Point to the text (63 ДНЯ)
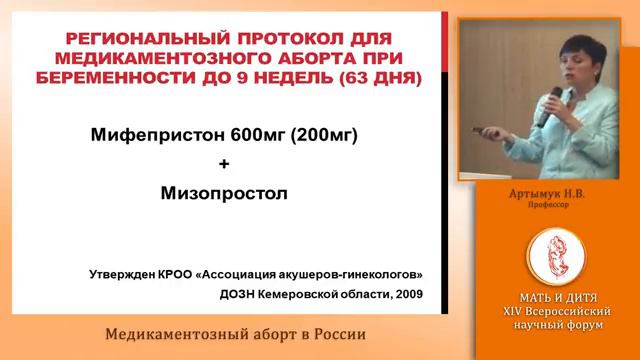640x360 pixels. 371,77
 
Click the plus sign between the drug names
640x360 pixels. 223,163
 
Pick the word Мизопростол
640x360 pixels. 224,191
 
